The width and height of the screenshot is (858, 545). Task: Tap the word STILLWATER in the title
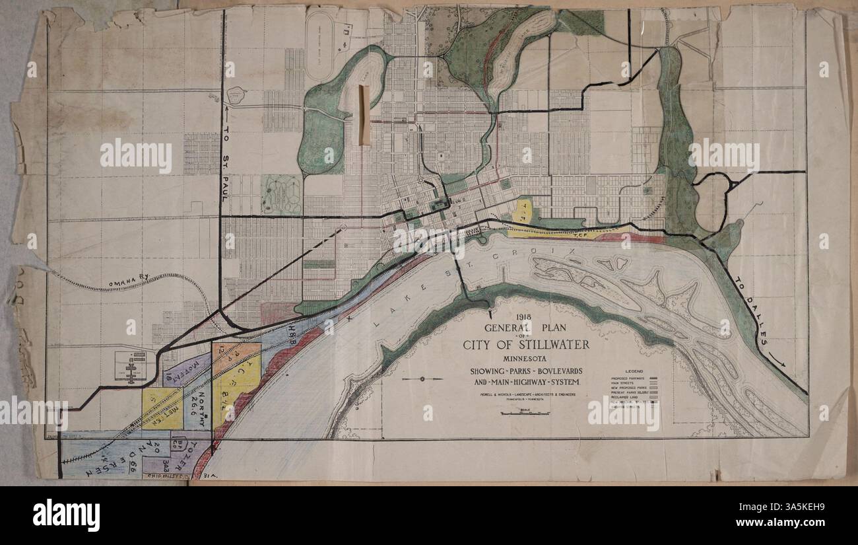546,345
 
